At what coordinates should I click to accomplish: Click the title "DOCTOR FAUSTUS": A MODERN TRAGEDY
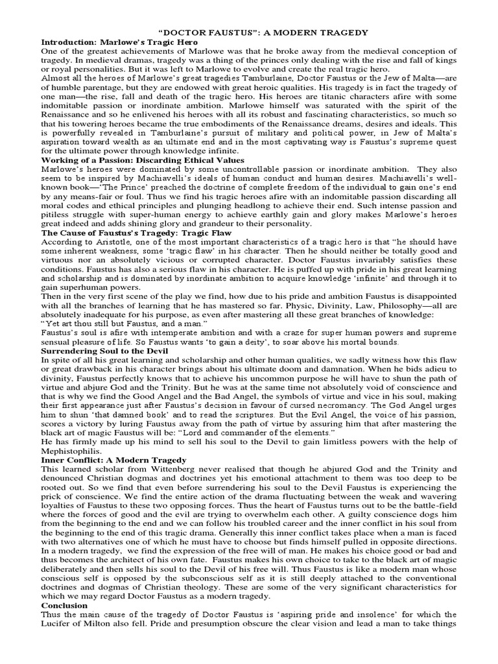click(263, 32)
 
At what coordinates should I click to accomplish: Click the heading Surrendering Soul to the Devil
click(104, 350)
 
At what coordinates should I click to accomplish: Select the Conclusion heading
click(64, 605)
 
